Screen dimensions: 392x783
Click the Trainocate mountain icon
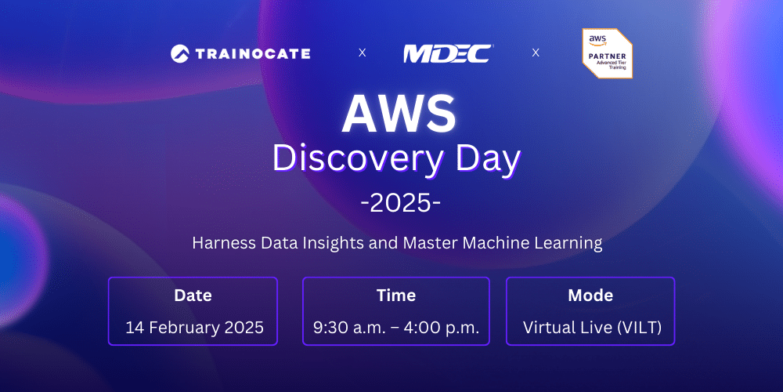tap(180, 53)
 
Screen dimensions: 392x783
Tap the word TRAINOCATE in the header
tap(251, 53)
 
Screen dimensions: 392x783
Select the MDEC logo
tap(448, 53)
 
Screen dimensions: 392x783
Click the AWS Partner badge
tap(607, 53)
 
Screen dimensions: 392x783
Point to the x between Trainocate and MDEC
tap(362, 53)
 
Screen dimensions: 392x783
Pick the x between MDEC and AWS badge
tap(536, 53)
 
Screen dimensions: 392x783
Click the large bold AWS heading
tap(399, 114)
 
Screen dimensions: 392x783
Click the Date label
tap(193, 296)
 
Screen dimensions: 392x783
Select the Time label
tap(396, 296)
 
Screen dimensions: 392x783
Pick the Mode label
tap(590, 296)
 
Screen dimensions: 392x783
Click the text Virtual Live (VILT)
tap(592, 327)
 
